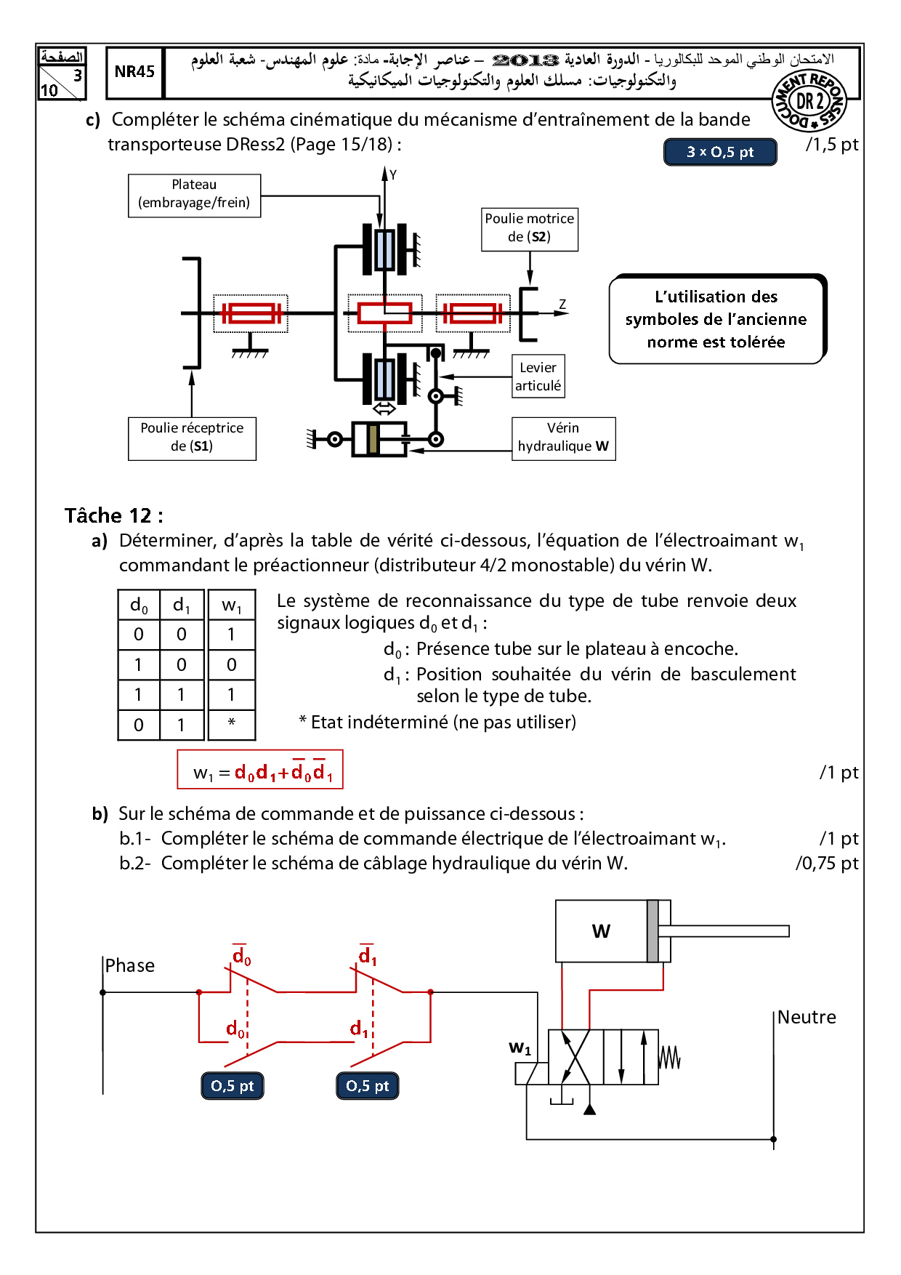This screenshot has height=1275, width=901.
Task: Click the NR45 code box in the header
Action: [x=134, y=72]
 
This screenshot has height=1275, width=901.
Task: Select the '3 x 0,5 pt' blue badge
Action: [x=720, y=152]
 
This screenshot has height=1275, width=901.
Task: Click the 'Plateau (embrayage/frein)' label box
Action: [x=194, y=195]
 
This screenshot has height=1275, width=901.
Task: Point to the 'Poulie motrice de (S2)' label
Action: [x=530, y=228]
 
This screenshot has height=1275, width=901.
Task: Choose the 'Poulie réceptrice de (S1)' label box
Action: [x=192, y=438]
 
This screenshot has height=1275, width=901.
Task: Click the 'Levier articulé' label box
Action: [x=538, y=377]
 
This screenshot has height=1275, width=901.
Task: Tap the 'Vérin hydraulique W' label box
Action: [x=563, y=438]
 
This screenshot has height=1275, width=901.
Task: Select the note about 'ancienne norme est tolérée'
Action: [x=717, y=319]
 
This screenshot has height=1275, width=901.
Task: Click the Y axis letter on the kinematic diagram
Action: [x=393, y=175]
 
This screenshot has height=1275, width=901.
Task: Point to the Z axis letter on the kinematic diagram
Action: [x=562, y=305]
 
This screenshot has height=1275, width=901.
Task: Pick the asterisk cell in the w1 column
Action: [x=231, y=724]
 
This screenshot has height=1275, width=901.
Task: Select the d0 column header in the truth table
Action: [x=139, y=606]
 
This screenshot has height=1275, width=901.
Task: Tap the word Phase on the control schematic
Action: [x=130, y=965]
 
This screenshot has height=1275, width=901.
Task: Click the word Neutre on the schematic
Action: [x=807, y=1017]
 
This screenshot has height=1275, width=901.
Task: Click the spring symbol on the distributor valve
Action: [x=669, y=1058]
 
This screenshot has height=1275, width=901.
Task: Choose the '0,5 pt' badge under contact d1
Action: [x=368, y=1086]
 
